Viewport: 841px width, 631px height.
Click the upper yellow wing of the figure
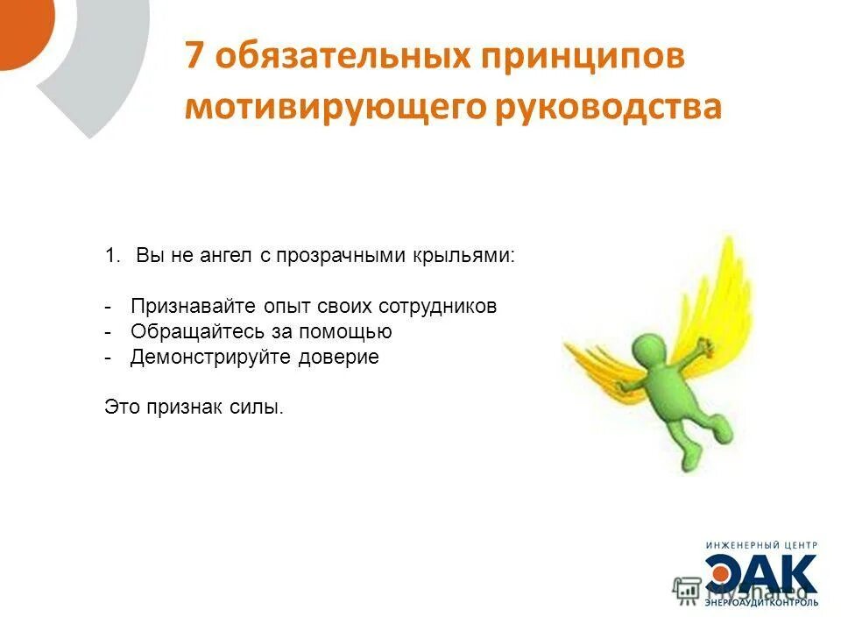coord(718,280)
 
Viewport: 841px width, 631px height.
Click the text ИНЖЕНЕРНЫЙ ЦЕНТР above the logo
coord(761,544)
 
